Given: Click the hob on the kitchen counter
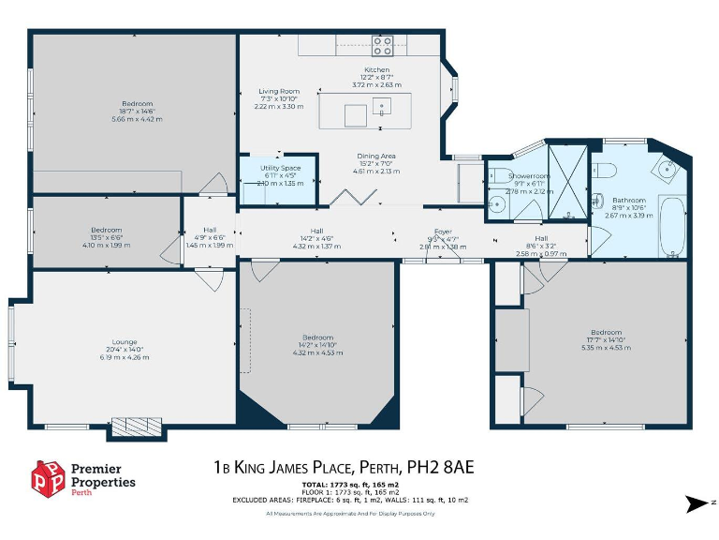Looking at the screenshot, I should click(381, 45).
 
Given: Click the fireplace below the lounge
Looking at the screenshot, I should click(137, 427).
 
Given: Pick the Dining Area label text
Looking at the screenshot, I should click(375, 157).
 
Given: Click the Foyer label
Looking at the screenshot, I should click(443, 232).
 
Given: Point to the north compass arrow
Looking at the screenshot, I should click(697, 504).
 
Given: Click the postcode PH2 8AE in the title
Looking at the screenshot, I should click(457, 467).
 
